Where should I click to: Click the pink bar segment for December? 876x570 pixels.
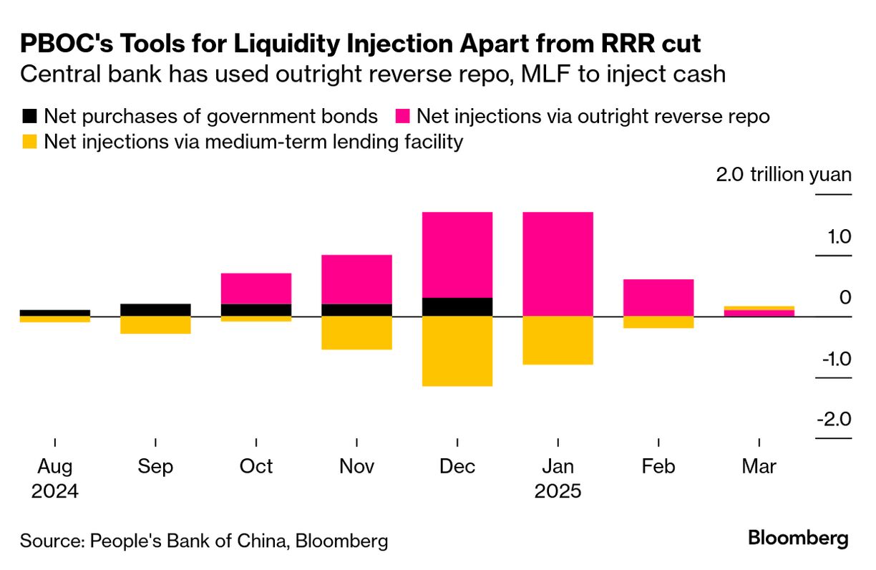(457, 254)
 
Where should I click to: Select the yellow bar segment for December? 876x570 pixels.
(457, 351)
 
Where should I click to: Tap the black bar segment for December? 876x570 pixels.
(457, 306)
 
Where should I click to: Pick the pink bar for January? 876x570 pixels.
(558, 264)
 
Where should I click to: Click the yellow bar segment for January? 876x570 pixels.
(558, 340)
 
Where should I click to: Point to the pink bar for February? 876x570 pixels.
(658, 297)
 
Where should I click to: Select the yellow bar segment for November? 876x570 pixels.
(356, 333)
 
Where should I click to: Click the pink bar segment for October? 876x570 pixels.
(255, 288)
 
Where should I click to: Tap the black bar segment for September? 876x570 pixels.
(155, 309)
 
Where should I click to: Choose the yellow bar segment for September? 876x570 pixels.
(155, 325)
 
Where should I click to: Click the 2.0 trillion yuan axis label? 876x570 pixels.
(784, 175)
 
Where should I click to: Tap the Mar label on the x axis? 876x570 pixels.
(759, 467)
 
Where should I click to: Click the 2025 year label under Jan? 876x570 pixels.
(558, 492)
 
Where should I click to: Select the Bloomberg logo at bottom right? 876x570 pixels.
(798, 538)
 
